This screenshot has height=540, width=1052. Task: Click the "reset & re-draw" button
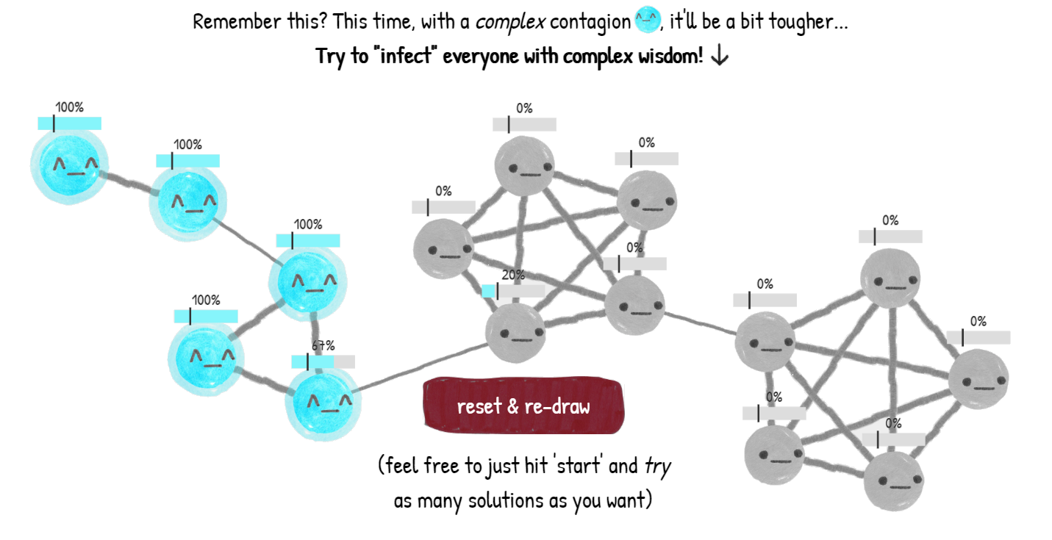[x=523, y=406]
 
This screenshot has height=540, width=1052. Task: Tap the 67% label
[x=323, y=346]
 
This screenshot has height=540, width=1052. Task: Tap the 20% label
[x=513, y=275]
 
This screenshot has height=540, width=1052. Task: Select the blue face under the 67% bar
[x=323, y=402]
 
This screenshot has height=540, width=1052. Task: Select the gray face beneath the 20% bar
[x=515, y=333]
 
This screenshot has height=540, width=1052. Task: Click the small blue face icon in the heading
[x=647, y=20]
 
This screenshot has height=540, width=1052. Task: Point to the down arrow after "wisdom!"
[x=719, y=57]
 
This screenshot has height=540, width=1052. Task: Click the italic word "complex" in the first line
[x=510, y=22]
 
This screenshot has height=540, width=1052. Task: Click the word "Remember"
[x=237, y=21]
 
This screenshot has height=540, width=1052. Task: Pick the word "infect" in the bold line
[x=406, y=57]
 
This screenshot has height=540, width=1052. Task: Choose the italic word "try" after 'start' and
[x=657, y=467]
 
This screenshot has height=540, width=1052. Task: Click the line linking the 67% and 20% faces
[x=422, y=367]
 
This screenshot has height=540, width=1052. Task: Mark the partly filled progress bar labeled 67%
[x=323, y=361]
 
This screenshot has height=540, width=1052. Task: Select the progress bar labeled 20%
[x=513, y=291]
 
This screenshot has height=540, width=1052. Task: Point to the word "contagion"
[x=590, y=22]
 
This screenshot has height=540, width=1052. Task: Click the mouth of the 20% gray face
[x=522, y=339]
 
